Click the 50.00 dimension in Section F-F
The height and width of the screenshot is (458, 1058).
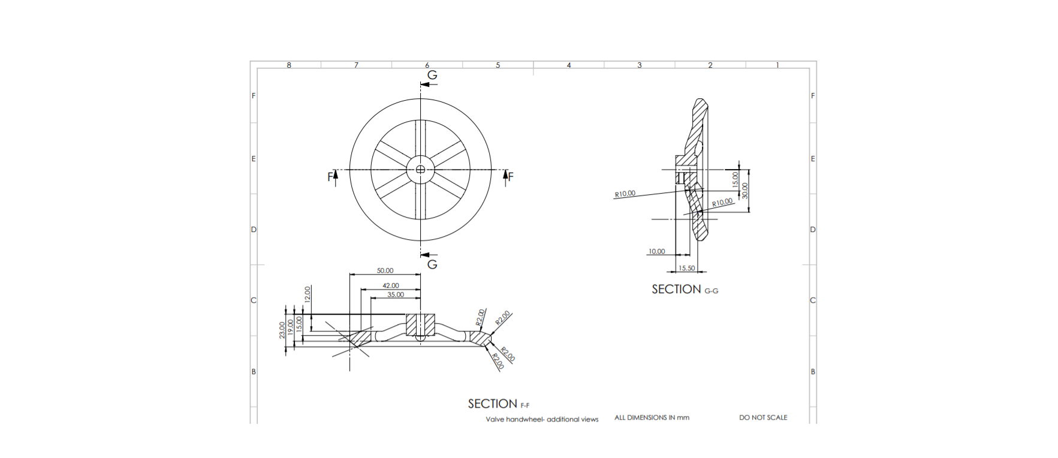pos(385,270)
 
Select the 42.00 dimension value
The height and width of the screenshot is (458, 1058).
pos(391,285)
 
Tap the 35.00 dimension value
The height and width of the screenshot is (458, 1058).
pos(396,294)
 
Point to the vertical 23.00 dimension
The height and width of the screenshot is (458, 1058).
pos(282,330)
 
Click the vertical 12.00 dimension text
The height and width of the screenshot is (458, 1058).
pos(308,294)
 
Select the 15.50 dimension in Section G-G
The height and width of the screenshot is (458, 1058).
pos(687,268)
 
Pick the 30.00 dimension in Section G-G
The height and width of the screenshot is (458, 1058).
pos(745,191)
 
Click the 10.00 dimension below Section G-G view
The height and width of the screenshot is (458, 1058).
pos(656,251)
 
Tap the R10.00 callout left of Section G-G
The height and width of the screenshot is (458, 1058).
pos(625,194)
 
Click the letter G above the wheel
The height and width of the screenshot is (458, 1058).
pos(432,75)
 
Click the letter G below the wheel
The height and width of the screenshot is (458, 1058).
pos(432,264)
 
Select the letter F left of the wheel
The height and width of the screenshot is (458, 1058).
pos(330,176)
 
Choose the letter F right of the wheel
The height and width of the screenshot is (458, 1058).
pos(511,176)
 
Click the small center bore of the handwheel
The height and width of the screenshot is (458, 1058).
pos(420,170)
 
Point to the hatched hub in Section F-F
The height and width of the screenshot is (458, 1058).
pos(420,324)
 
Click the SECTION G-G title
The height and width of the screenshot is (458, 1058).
pos(685,290)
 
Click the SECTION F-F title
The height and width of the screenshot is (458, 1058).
pos(498,404)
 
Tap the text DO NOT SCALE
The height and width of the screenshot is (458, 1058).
pos(763,417)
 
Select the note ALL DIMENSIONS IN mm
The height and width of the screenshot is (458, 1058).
pos(652,417)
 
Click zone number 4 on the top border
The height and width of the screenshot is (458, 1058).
pos(569,65)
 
